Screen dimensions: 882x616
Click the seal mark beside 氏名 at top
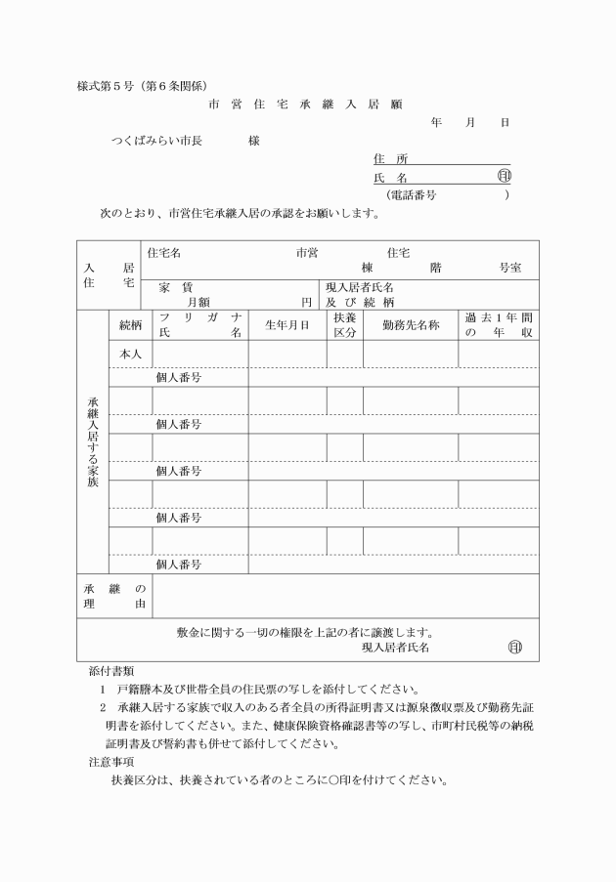point(504,178)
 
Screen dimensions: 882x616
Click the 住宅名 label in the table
point(163,252)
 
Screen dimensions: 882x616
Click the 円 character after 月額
point(307,303)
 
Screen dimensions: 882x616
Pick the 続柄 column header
point(130,324)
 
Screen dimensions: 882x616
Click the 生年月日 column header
point(286,324)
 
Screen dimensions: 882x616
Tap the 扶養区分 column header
point(344,324)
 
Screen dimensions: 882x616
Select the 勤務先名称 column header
point(410,324)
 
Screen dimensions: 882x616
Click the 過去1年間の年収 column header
point(498,324)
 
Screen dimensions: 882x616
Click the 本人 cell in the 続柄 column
point(130,354)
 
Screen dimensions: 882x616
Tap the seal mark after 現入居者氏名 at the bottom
point(515,647)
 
